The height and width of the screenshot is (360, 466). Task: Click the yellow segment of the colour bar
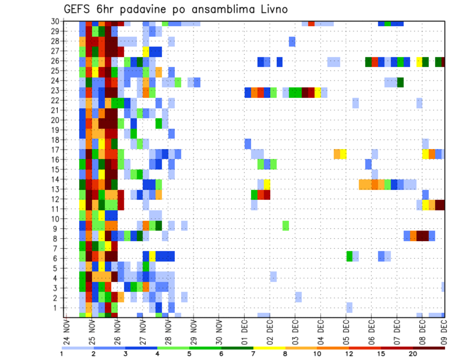[x=270, y=348]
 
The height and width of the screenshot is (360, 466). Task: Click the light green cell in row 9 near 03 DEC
[x=286, y=226]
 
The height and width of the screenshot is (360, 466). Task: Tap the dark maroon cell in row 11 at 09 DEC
[x=440, y=204]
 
